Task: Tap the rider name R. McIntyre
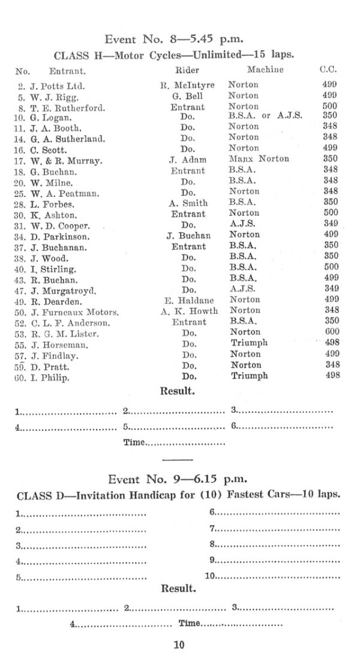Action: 187,85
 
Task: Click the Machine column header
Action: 265,70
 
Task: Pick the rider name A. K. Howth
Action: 188,311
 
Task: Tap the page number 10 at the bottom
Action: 179,645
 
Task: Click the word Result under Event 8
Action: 177,391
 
